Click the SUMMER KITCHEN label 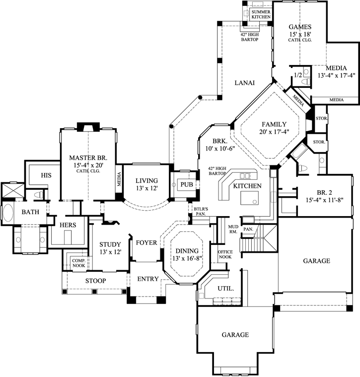point(261,14)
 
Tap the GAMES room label point(300,27)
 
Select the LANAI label point(244,83)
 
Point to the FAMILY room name point(271,124)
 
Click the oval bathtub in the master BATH point(8,213)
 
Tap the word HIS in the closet point(46,175)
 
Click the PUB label point(186,184)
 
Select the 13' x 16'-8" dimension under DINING point(186,259)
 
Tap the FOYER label point(146,243)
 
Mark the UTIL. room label point(226,288)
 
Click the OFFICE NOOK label point(225,255)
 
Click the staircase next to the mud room point(259,238)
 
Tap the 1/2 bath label point(298,75)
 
